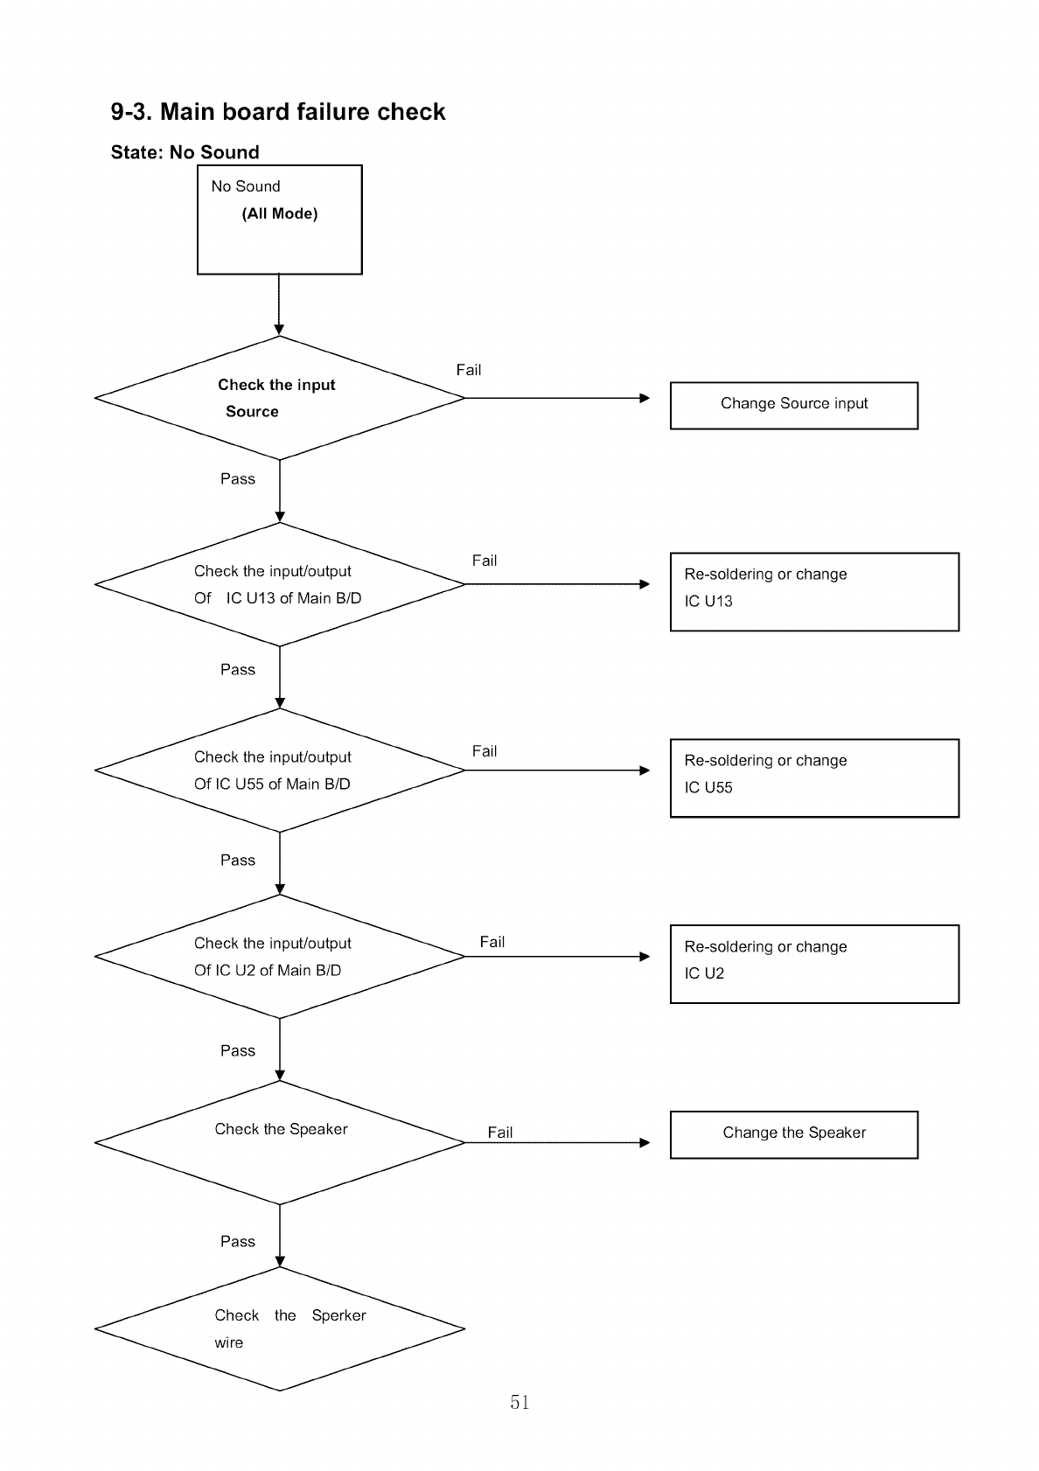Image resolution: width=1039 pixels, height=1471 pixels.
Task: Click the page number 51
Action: pos(519,1402)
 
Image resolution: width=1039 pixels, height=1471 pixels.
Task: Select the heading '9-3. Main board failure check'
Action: pos(278,112)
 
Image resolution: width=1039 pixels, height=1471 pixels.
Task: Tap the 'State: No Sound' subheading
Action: pos(185,152)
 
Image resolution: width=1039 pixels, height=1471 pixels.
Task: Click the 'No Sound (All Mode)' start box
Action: pos(280,220)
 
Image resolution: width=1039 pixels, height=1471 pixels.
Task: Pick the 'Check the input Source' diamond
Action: pos(280,398)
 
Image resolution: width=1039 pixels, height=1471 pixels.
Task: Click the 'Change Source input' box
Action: pos(794,405)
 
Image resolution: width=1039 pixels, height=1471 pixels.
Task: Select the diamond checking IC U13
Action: pos(280,584)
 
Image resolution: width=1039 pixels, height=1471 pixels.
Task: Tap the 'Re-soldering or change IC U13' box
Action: pos(814,592)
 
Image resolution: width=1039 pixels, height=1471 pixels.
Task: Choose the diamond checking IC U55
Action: pos(280,770)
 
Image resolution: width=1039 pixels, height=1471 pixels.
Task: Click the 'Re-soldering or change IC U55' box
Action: pos(814,778)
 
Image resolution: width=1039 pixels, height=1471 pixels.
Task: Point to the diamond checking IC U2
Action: pos(280,957)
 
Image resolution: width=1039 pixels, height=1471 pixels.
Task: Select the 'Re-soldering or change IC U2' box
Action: pos(814,964)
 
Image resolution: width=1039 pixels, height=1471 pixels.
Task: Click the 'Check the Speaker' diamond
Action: pos(280,1143)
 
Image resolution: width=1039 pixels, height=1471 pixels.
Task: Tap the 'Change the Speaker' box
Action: pos(794,1135)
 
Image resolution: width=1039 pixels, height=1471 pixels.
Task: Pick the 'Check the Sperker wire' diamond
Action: pos(280,1328)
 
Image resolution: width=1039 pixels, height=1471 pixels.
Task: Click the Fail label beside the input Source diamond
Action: pos(468,370)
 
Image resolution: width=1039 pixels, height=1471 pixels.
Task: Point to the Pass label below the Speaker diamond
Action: pos(238,1241)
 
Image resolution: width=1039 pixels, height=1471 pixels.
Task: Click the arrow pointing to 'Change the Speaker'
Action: pos(558,1143)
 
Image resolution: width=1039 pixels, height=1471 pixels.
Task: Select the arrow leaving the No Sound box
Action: pos(279,304)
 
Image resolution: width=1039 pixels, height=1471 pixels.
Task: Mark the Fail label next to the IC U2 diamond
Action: pos(492,942)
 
